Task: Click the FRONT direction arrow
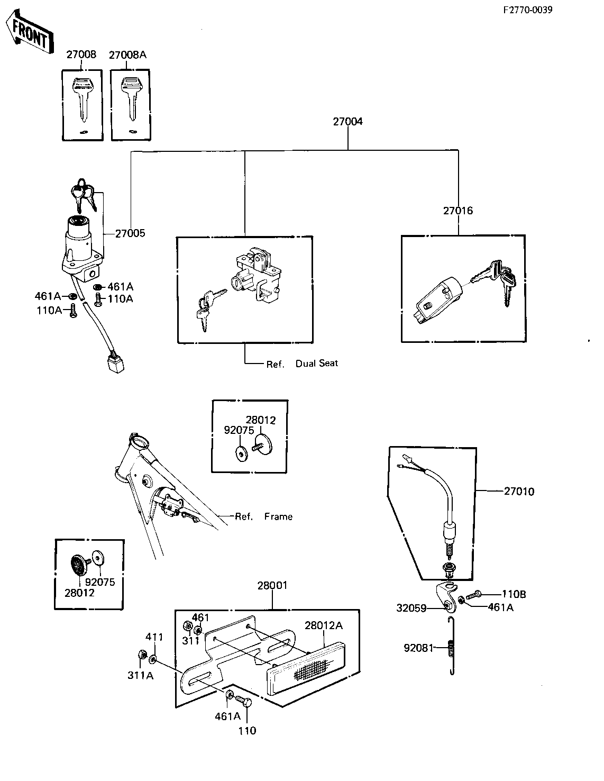point(30,33)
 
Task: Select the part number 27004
point(347,122)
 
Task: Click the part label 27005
point(130,233)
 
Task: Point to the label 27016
point(458,211)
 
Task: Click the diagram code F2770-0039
point(527,10)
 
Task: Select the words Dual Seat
point(316,364)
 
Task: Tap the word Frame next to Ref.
point(278,516)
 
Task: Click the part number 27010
point(519,492)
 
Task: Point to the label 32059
point(411,608)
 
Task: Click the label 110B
point(514,594)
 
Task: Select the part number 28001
point(272,585)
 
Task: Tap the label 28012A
point(324,626)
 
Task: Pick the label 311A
point(140,676)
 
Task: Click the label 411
point(154,637)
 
